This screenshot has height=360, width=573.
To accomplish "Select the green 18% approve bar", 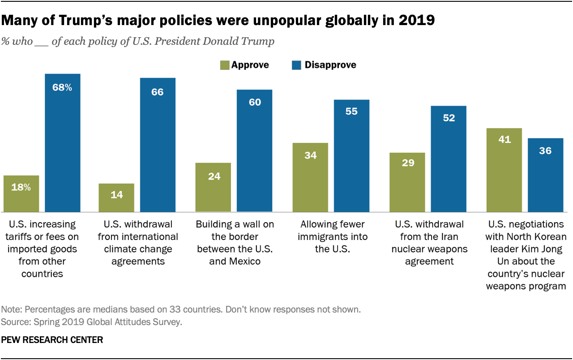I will point(21,193).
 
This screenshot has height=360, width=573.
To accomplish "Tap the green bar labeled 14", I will point(116,197).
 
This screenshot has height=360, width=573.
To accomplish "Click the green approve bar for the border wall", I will point(214,187).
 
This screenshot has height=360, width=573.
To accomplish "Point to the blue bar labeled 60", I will point(255,150).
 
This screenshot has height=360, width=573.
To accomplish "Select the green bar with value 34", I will point(310,177).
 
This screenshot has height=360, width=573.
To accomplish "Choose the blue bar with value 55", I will point(351,155).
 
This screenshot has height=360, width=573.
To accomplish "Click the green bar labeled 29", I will point(407,182).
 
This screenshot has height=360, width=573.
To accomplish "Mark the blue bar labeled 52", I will point(449,159).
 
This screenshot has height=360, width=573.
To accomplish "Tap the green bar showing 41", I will point(505,170).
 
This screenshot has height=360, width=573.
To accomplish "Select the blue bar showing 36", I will point(545,175).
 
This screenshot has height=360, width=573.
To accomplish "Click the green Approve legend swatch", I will point(224,65).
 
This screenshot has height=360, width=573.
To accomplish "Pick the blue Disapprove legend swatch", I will point(296,65).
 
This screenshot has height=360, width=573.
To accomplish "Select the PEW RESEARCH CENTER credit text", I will point(52,340).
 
